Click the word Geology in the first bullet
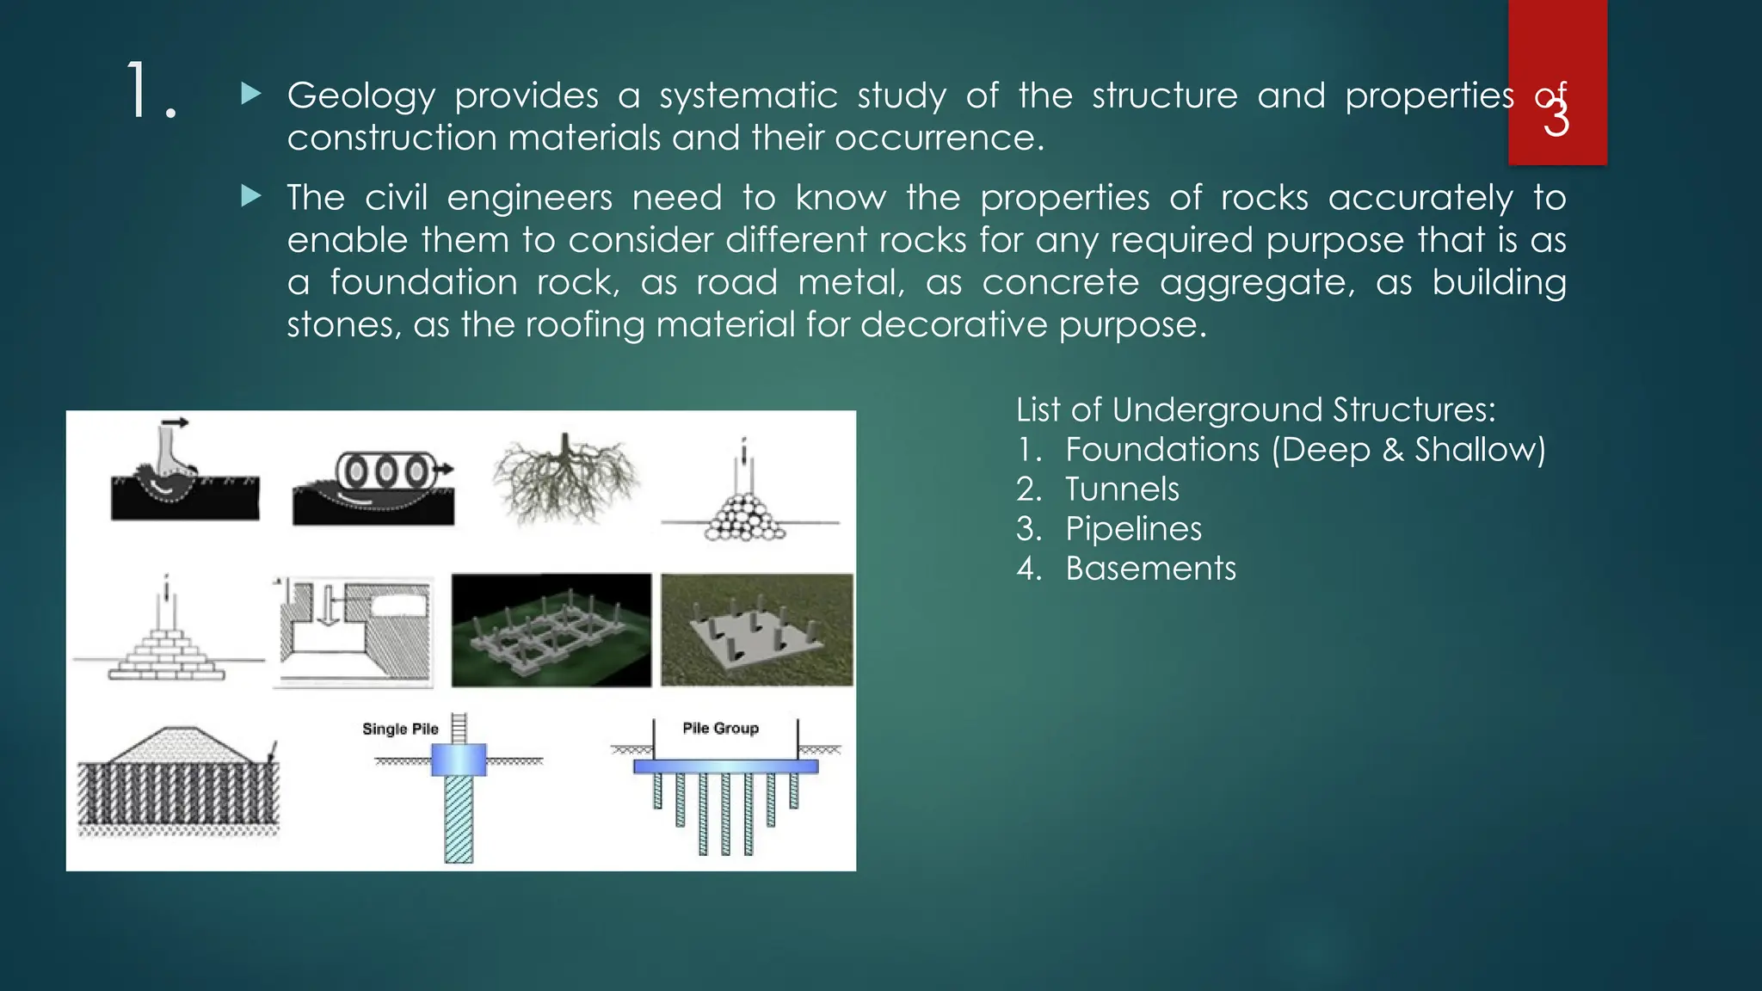(x=360, y=96)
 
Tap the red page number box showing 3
(x=1556, y=82)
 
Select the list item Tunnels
(x=1122, y=489)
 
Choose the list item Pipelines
(x=1133, y=529)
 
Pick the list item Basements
(x=1150, y=569)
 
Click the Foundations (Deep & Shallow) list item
(x=1304, y=450)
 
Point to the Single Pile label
(x=400, y=729)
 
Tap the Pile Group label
(x=721, y=728)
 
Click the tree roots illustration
(x=566, y=478)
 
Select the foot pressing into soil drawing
(x=184, y=472)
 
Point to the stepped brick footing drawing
(x=167, y=637)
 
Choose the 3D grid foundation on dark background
(x=551, y=630)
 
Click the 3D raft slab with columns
(x=756, y=630)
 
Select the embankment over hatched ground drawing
(x=178, y=783)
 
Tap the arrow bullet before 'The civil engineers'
(x=251, y=197)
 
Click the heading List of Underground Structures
(x=1255, y=409)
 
